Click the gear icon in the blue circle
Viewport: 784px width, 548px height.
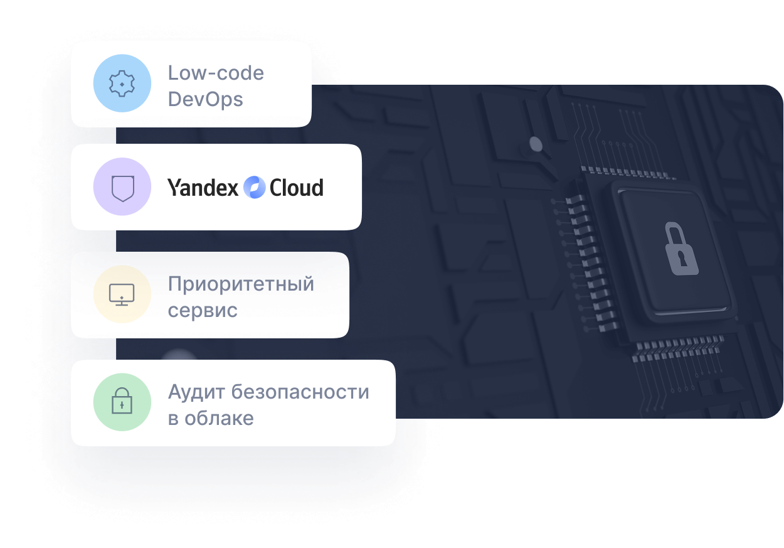(122, 83)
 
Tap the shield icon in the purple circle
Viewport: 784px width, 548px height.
(122, 187)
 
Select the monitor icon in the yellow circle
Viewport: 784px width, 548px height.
(122, 294)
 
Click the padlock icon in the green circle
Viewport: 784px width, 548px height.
(122, 402)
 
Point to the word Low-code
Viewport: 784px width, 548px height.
(216, 73)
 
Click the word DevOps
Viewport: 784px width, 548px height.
(205, 99)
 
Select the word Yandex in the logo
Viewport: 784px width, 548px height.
(203, 188)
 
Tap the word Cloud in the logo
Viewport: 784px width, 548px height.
(297, 188)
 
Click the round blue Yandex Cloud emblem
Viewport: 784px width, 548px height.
(254, 188)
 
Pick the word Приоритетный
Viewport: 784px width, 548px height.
(241, 284)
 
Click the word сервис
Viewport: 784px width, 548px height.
(203, 310)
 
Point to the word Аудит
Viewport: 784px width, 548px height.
(196, 392)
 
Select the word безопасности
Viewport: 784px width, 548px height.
(300, 392)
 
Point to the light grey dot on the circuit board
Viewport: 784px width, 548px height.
(536, 144)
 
